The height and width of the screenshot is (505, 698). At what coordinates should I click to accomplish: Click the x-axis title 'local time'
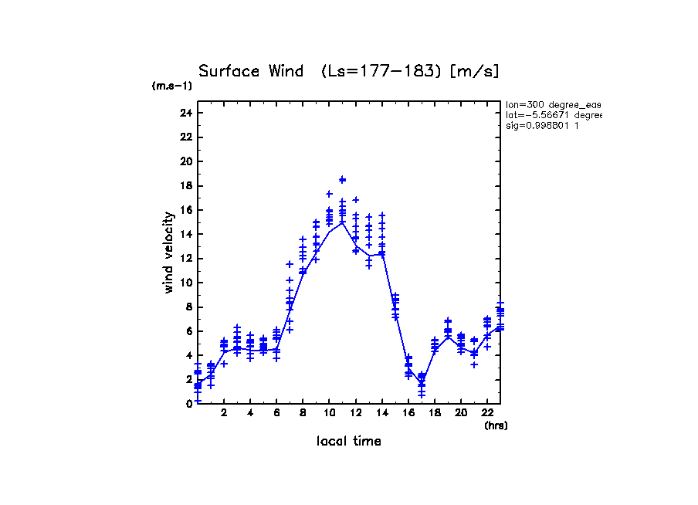pyautogui.click(x=348, y=441)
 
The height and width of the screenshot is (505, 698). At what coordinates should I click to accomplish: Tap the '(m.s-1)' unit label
pyautogui.click(x=172, y=86)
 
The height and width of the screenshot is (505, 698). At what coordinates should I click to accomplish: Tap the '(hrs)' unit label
pyautogui.click(x=496, y=425)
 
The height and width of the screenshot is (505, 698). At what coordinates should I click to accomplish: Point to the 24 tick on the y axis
pyautogui.click(x=185, y=113)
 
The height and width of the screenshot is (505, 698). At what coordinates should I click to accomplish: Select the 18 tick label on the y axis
pyautogui.click(x=185, y=185)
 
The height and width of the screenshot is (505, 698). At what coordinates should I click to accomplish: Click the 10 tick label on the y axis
pyautogui.click(x=185, y=283)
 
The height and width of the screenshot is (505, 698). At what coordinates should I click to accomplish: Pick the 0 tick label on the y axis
pyautogui.click(x=188, y=404)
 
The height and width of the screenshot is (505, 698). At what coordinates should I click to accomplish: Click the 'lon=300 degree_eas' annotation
pyautogui.click(x=553, y=104)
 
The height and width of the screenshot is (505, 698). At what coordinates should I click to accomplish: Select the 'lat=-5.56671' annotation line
pyautogui.click(x=553, y=115)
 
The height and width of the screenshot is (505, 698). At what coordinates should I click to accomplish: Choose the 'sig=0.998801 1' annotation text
pyautogui.click(x=543, y=126)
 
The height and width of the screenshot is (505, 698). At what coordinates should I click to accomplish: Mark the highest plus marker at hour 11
pyautogui.click(x=342, y=179)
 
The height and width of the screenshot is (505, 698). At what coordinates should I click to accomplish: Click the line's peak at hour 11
pyautogui.click(x=342, y=222)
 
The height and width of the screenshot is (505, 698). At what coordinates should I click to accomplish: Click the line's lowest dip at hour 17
pyautogui.click(x=422, y=384)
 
